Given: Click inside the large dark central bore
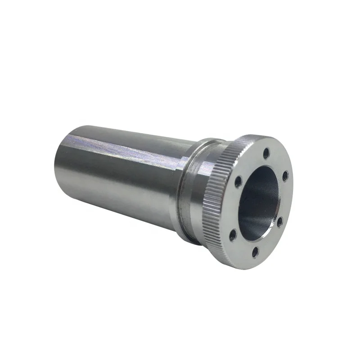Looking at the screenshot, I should (256, 198).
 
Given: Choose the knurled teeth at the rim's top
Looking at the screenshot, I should (234, 144).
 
